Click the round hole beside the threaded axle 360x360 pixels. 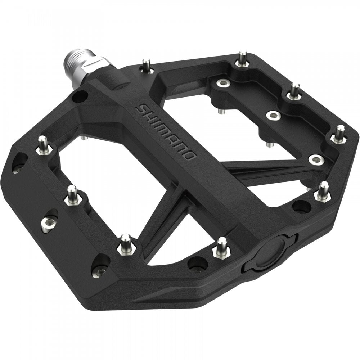pyautogui.click(x=80, y=96)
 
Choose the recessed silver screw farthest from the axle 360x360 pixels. pyautogui.click(x=316, y=159)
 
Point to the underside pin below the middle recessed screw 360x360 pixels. pyautogui.click(x=270, y=144)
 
